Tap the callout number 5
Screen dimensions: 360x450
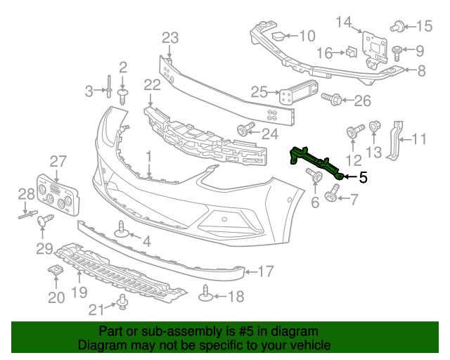pyautogui.click(x=363, y=178)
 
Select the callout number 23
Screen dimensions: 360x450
pyautogui.click(x=171, y=37)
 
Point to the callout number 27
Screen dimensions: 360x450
pyautogui.click(x=57, y=160)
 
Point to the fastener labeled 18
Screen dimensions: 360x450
pyautogui.click(x=206, y=293)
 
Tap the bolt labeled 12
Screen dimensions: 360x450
pyautogui.click(x=354, y=131)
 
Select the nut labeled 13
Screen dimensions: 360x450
pyautogui.click(x=374, y=127)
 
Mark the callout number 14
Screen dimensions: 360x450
pyautogui.click(x=343, y=22)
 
